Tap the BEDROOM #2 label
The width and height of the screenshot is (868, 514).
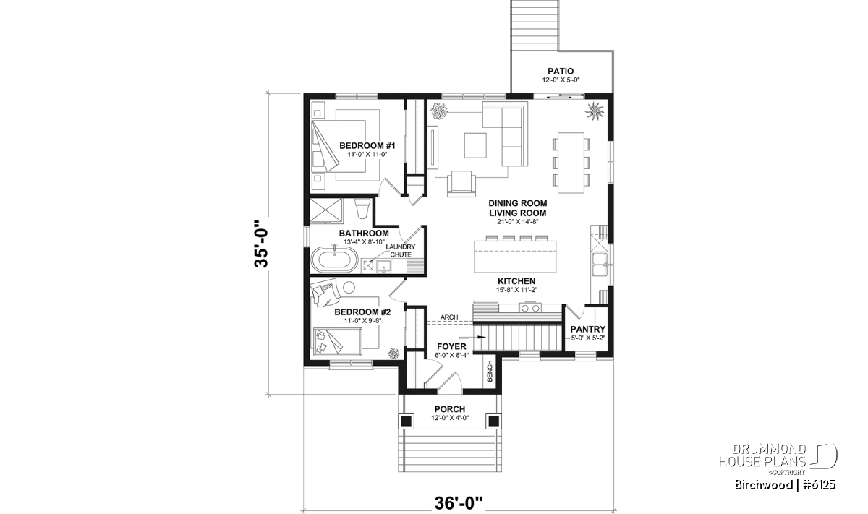[x=362, y=312]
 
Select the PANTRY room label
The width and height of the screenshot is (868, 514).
[x=588, y=330]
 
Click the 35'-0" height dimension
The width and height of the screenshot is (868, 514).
[x=262, y=243]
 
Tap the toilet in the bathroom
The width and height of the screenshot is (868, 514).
[x=363, y=210]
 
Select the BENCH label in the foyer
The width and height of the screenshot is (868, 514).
[x=490, y=371]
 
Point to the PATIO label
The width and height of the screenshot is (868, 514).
[x=561, y=71]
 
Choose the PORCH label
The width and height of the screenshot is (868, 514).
[x=449, y=409]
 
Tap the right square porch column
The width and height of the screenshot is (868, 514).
[x=493, y=420]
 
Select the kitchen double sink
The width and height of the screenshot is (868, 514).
[x=600, y=265]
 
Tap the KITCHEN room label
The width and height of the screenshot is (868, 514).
[x=516, y=281]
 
